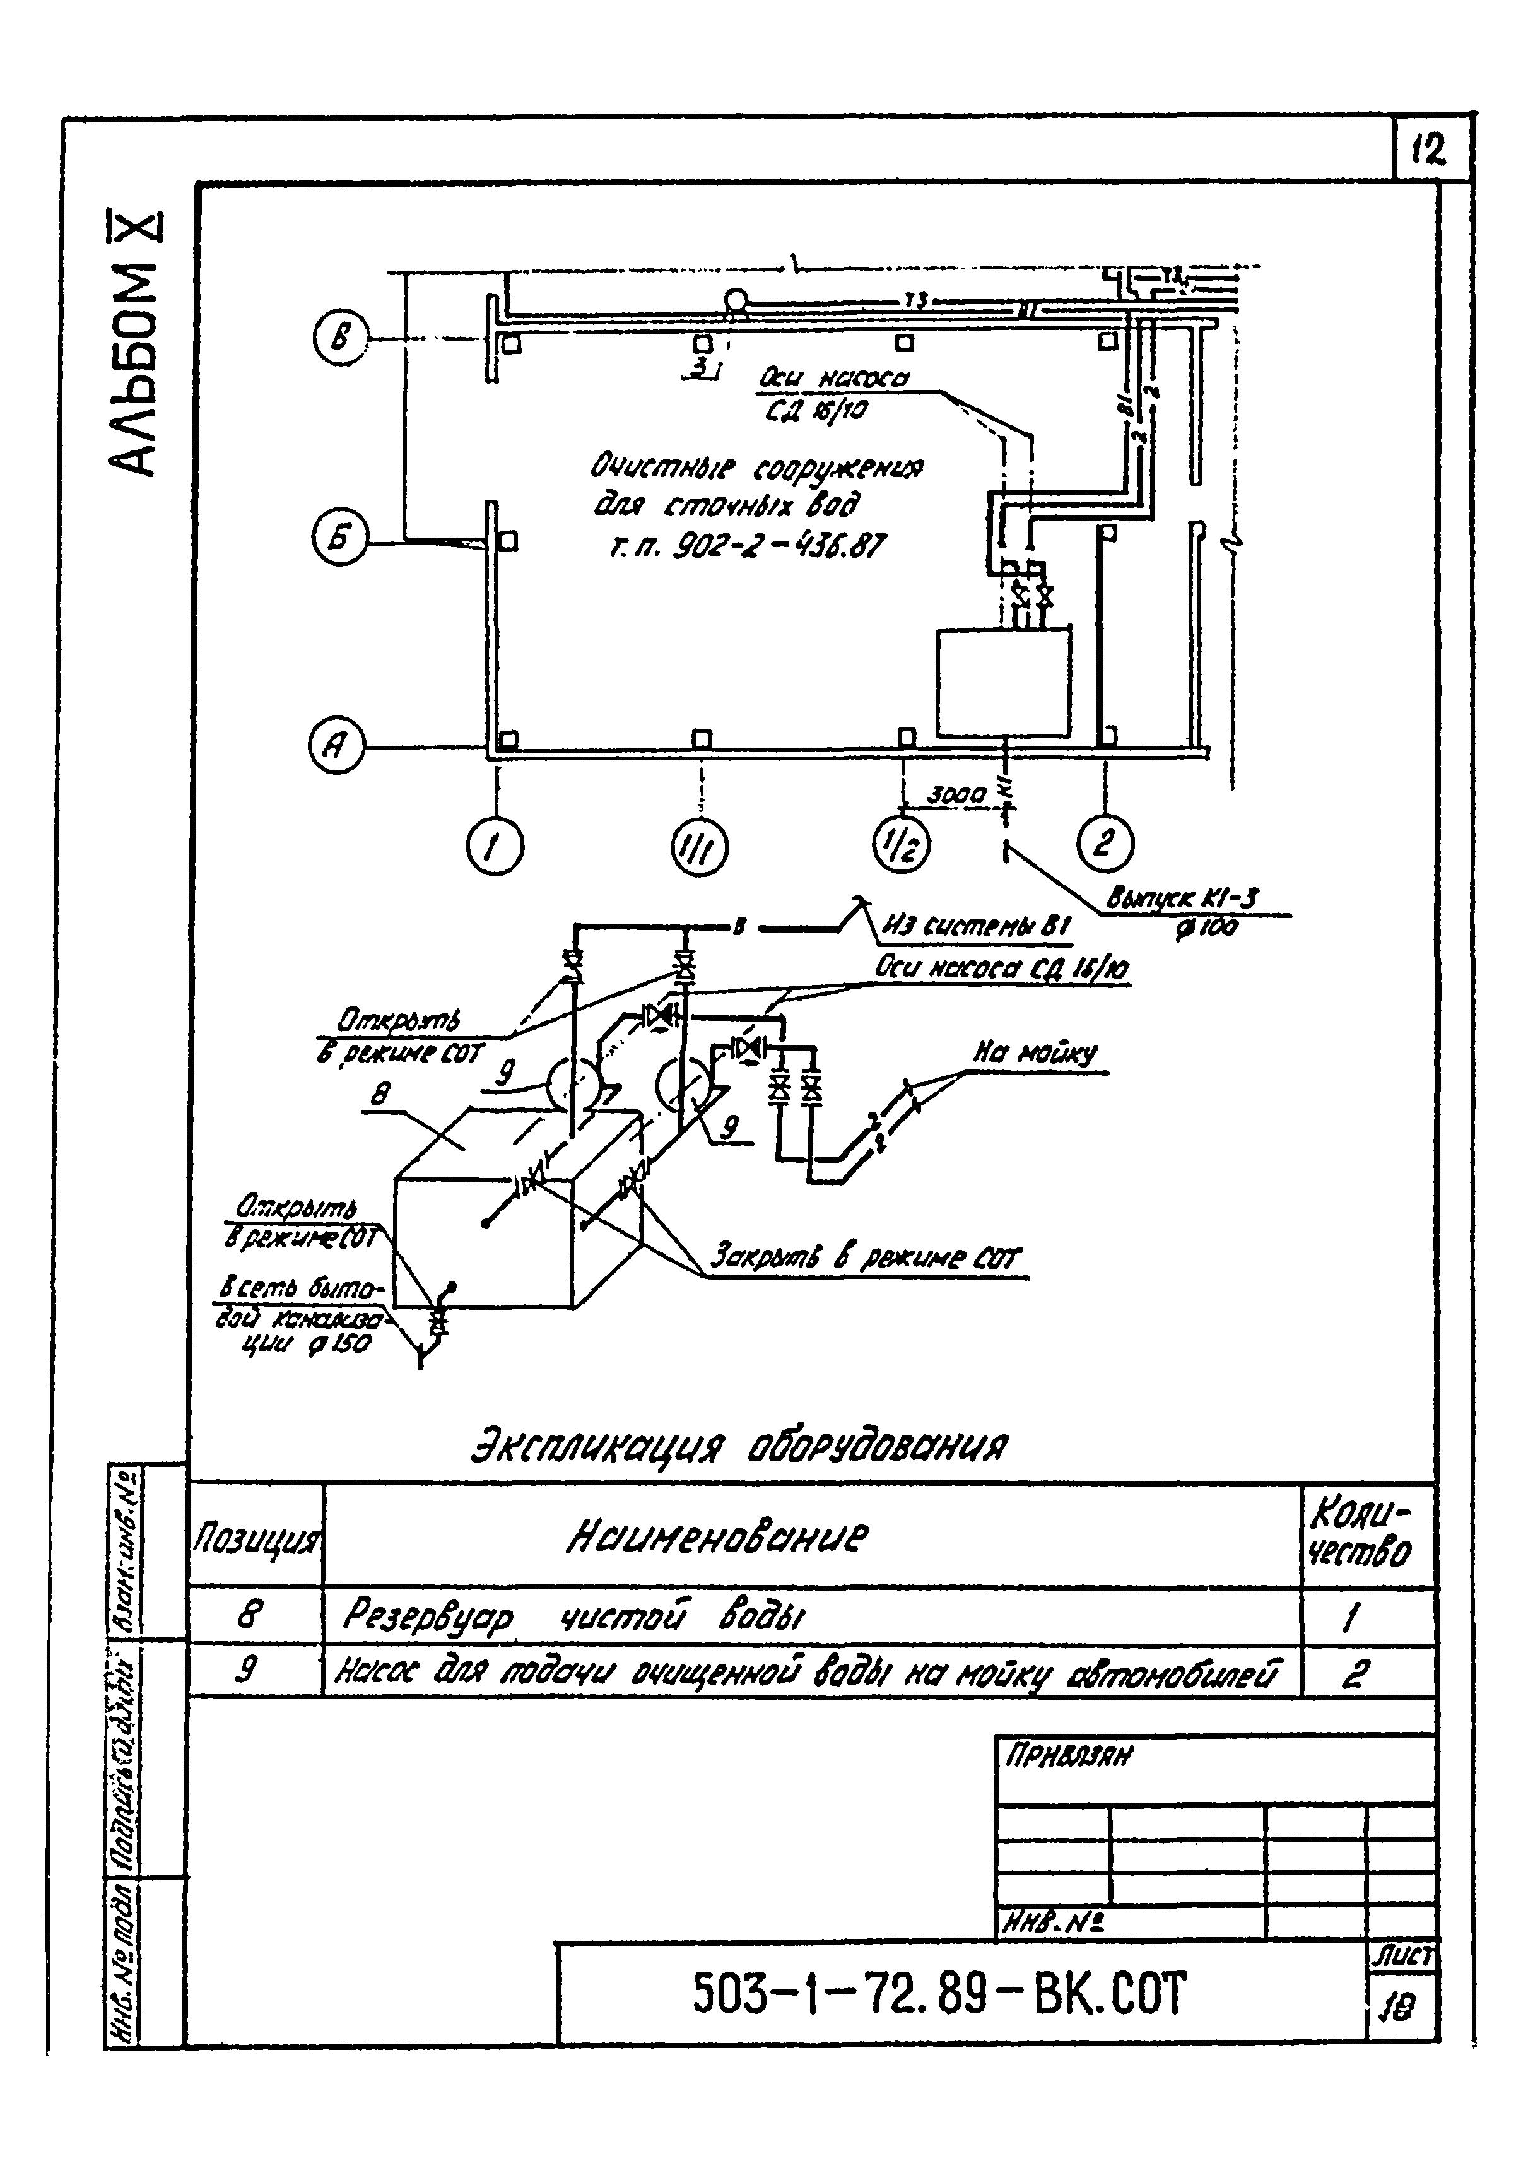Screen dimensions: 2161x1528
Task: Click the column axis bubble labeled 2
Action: click(x=1105, y=842)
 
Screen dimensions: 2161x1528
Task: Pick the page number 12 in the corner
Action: click(x=1429, y=150)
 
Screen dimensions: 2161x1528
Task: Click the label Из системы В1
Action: click(x=975, y=928)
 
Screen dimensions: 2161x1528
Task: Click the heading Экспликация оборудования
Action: click(x=739, y=1446)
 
